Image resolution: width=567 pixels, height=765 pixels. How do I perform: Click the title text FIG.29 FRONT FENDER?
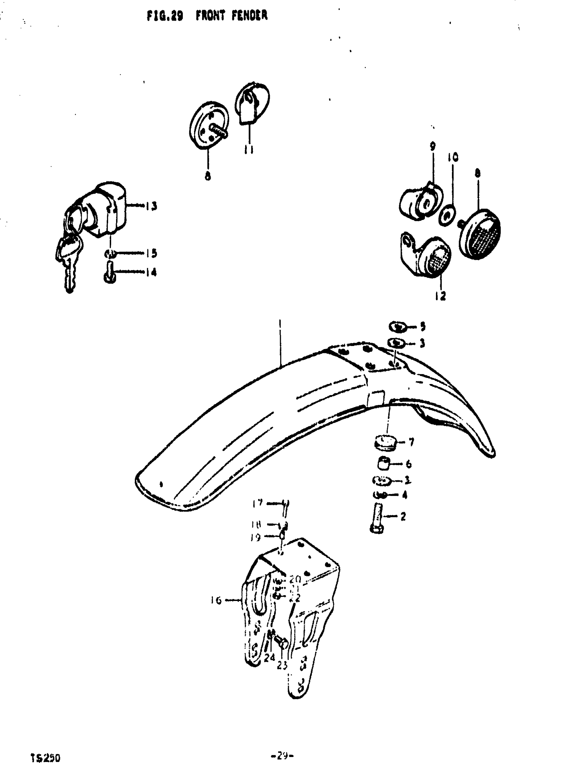207,16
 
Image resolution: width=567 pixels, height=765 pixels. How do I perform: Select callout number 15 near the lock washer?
151,253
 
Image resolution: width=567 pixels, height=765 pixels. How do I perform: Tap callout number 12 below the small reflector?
440,296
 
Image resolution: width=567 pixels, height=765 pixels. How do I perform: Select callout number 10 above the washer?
453,157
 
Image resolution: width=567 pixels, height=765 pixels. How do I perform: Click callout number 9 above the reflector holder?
433,146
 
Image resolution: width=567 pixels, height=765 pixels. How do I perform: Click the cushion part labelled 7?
385,442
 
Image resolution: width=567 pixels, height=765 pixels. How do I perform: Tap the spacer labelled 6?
384,464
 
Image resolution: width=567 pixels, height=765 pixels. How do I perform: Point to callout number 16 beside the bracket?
216,600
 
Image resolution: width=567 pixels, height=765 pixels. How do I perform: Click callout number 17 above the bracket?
257,503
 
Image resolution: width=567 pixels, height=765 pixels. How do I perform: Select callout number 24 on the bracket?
269,657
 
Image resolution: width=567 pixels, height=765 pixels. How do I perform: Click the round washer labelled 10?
448,215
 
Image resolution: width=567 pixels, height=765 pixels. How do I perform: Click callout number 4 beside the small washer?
405,495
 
